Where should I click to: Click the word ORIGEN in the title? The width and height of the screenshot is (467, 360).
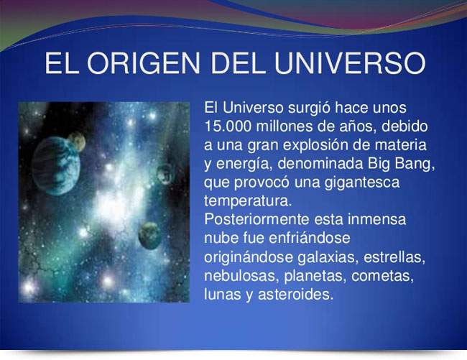144,63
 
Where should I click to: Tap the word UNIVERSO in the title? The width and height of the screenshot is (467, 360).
350,63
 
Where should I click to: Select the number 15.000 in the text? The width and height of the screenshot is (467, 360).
228,126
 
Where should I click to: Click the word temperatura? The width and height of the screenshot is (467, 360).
247,201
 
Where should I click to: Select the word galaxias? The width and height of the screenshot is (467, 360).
328,257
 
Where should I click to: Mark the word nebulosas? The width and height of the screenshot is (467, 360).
241,276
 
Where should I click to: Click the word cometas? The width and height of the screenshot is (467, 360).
383,276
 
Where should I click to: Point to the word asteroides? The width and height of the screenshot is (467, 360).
295,295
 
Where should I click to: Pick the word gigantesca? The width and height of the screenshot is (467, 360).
362,183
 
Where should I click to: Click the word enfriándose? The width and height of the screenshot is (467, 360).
310,239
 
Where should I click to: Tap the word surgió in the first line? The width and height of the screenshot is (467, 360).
309,108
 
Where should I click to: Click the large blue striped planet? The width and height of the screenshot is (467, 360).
56,165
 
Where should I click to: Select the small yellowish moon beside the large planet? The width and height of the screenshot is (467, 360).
77,142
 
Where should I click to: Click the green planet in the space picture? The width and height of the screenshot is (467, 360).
150,236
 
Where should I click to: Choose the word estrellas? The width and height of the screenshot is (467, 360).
394,257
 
